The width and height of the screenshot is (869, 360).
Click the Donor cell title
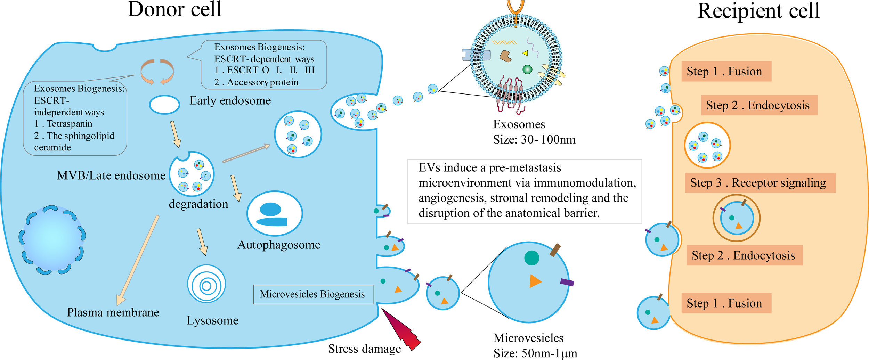pos(174,9)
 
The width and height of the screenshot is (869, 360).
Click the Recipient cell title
pos(758,11)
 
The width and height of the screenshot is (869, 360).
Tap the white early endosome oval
pos(164,105)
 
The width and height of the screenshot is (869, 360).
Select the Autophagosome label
pos(279,245)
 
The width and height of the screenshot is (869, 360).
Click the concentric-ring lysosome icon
pos(206,284)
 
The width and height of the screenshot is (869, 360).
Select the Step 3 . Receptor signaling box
pos(760,183)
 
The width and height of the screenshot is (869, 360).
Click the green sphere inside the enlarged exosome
pos(527,69)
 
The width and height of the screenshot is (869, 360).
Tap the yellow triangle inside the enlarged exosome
pos(525,53)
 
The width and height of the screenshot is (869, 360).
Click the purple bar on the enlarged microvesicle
pos(567,282)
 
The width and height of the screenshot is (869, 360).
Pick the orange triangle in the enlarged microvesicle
pos(535,281)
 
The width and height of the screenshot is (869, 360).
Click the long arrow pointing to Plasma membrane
pos(138,260)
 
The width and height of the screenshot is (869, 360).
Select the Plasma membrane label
pos(113,312)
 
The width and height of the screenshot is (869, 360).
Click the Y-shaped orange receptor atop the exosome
pos(515,7)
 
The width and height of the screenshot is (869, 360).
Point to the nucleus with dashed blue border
pos(52,239)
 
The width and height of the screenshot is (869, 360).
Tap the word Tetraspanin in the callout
pos(70,124)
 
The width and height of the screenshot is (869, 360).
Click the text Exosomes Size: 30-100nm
pos(534,132)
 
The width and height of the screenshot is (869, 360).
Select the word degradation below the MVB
pos(198,204)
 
